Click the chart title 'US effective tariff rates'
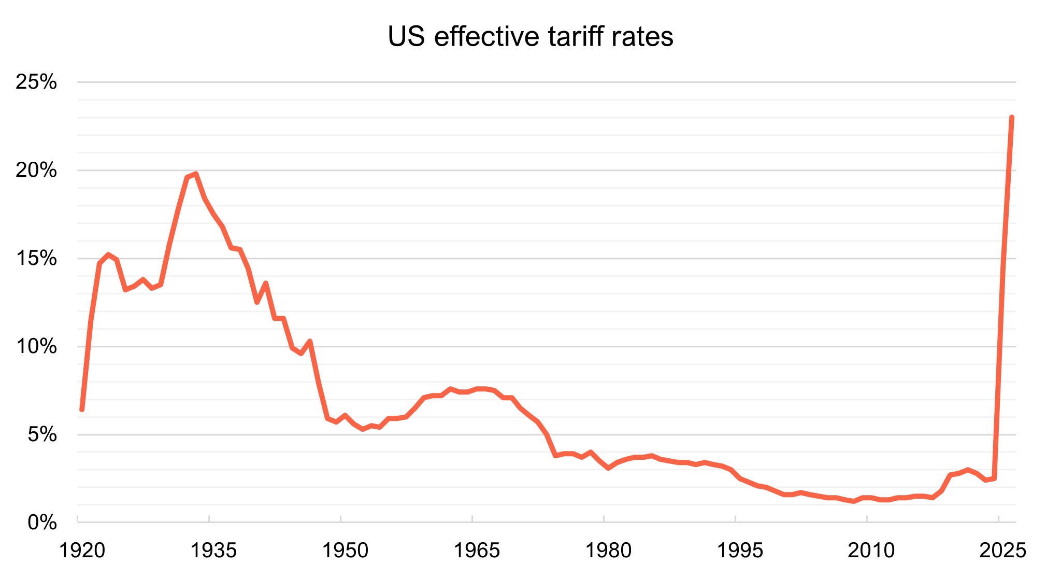530,37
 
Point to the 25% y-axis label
36,82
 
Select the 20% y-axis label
36,170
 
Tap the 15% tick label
36,258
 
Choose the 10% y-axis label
36,346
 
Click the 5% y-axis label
42,434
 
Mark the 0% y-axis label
42,522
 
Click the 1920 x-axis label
82,551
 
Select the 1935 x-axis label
213,551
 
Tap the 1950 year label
345,551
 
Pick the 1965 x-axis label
477,551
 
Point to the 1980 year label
608,551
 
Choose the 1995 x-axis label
740,551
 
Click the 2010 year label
871,551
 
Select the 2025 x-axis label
1002,551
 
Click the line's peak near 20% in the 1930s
195,174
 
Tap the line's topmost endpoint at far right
1012,118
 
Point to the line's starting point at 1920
82,410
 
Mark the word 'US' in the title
406,37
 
